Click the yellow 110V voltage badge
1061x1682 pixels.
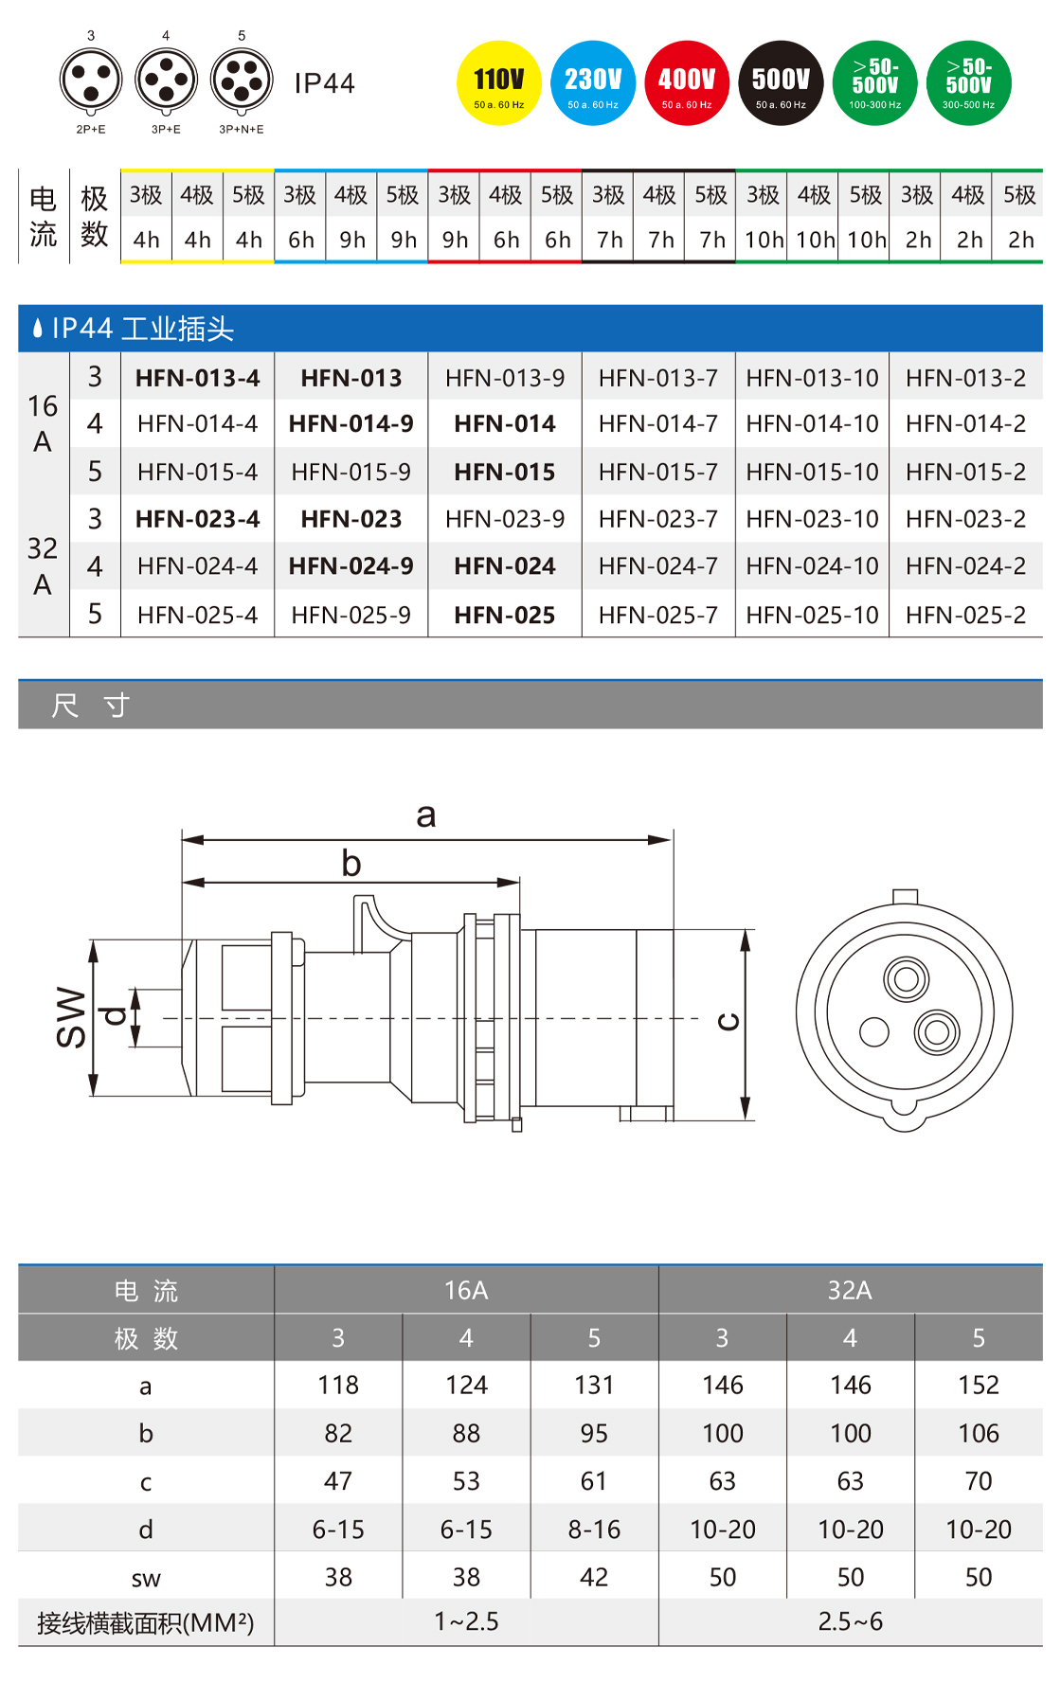click(x=498, y=83)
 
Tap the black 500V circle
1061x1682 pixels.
click(x=781, y=83)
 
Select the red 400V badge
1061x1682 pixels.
click(x=687, y=83)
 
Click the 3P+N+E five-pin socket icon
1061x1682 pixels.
click(x=242, y=81)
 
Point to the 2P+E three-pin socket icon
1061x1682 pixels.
click(x=91, y=81)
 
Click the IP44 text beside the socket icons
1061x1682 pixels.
click(x=324, y=83)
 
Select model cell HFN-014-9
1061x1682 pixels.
click(x=351, y=423)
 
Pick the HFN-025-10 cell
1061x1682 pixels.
click(x=812, y=615)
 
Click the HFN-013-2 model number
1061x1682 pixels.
click(x=965, y=378)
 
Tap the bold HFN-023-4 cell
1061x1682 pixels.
click(x=197, y=519)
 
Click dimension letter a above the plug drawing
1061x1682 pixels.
click(x=426, y=814)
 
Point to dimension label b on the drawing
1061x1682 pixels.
click(x=351, y=863)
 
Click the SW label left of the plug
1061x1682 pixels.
click(x=72, y=1017)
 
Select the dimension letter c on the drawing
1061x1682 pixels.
click(x=728, y=1021)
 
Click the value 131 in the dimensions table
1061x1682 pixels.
click(x=594, y=1385)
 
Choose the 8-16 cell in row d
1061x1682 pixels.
click(x=594, y=1529)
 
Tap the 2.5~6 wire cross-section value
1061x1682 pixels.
click(x=850, y=1621)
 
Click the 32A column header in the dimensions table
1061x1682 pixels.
click(x=850, y=1290)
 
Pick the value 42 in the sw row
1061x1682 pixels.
click(x=594, y=1577)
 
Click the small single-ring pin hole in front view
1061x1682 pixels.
click(x=873, y=1031)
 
